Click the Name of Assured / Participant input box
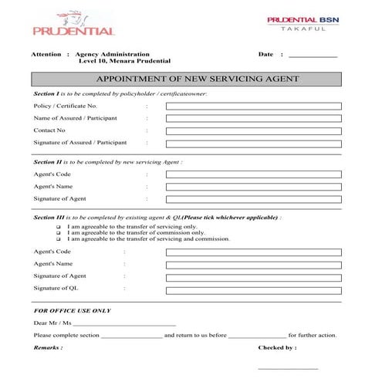click(252, 118)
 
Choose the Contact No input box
click(252, 130)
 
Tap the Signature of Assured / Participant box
click(252, 144)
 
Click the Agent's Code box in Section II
click(252, 174)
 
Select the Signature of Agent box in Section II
click(252, 199)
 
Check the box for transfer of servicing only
click(59, 228)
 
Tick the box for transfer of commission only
click(59, 233)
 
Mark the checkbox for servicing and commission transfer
click(59, 239)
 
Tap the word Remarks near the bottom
click(48, 348)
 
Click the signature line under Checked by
click(288, 369)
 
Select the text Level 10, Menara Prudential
click(123, 61)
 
